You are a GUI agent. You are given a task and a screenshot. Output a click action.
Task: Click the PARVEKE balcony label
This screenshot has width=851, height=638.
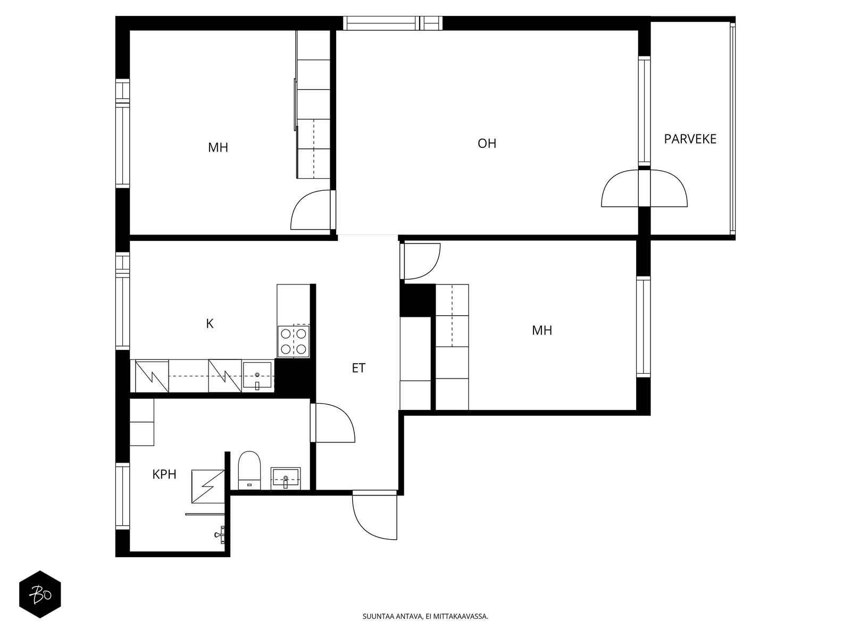point(690,139)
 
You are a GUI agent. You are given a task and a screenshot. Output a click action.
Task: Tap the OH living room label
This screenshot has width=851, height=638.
point(487,144)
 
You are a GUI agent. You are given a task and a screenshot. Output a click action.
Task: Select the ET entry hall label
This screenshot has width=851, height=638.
point(358,368)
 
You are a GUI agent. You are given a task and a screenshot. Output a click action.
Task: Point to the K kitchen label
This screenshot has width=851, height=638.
point(210,323)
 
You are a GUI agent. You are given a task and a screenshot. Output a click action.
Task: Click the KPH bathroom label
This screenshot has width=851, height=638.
point(164,474)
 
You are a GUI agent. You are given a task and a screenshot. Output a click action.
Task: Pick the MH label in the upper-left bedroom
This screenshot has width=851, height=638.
point(218,148)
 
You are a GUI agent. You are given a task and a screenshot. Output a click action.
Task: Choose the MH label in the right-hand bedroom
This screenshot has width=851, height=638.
point(541,330)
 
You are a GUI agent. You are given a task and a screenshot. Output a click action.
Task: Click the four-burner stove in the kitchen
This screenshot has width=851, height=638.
point(294,341)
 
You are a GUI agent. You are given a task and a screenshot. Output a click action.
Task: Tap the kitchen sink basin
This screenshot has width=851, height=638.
point(257,376)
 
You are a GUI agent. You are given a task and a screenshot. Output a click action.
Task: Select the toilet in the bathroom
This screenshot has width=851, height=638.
point(249,471)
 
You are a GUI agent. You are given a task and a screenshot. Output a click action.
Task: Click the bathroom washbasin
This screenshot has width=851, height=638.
point(285,478)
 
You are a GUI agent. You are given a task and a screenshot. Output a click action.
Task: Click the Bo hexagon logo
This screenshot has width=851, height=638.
point(40,594)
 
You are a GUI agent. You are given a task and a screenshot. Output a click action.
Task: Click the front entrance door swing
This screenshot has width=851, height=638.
point(374,516)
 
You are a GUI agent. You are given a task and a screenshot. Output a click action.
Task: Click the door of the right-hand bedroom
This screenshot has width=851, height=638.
point(420,261)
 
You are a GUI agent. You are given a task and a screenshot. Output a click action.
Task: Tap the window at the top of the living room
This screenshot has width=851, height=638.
point(393,23)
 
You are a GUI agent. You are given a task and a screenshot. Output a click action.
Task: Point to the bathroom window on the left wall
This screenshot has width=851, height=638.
point(122,496)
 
